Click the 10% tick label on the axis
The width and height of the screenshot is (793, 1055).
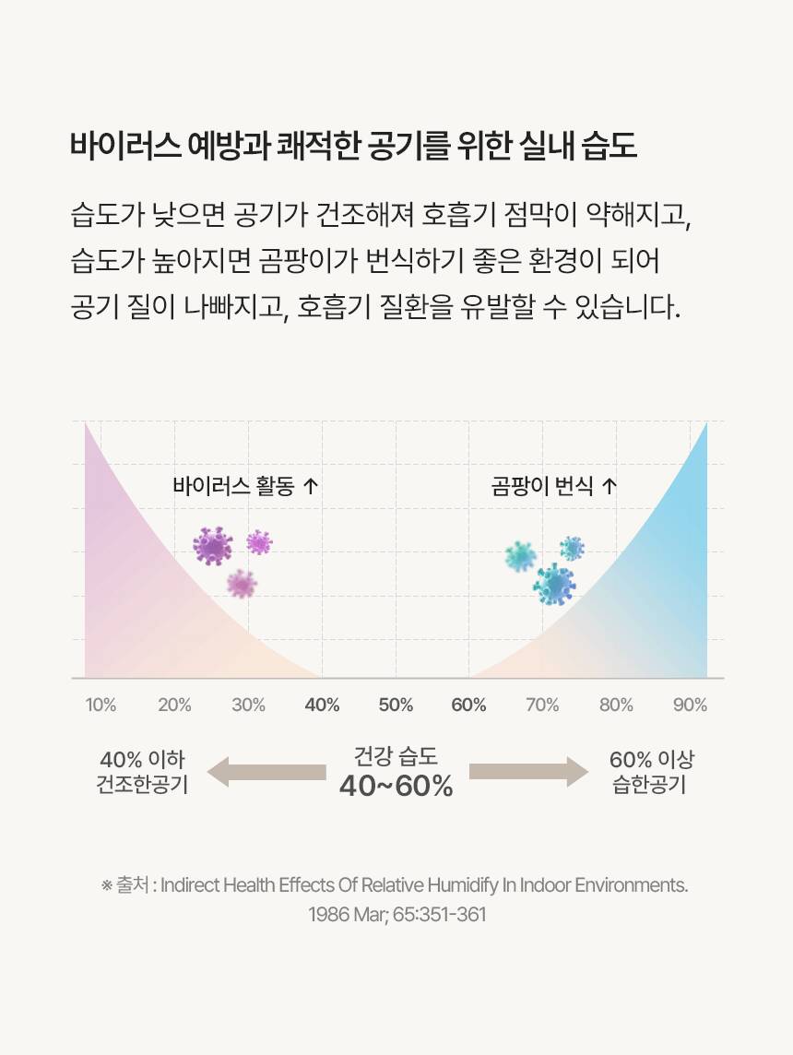click(x=101, y=705)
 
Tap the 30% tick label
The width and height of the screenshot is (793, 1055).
click(x=248, y=705)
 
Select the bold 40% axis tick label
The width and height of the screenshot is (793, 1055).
click(x=322, y=705)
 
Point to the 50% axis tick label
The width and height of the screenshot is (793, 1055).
click(x=396, y=705)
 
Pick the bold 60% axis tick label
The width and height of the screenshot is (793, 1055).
click(x=468, y=705)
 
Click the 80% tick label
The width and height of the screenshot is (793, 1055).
click(x=616, y=705)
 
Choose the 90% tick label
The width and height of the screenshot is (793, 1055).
click(x=690, y=705)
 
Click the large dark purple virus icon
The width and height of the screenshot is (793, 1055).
click(x=213, y=546)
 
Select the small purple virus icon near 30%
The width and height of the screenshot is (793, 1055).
click(x=259, y=542)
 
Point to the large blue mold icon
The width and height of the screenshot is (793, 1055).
click(x=555, y=585)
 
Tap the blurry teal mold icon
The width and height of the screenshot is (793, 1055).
click(x=521, y=556)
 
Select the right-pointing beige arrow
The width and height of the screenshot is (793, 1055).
click(x=527, y=772)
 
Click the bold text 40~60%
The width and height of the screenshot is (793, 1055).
click(x=396, y=786)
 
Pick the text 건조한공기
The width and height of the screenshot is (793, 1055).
click(x=142, y=786)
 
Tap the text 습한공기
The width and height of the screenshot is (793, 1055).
click(x=650, y=786)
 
